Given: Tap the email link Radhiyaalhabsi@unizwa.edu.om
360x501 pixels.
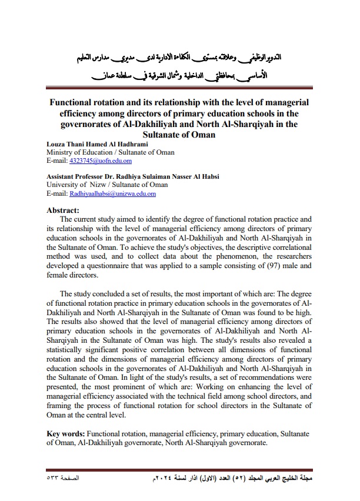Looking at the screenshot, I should point(112,193).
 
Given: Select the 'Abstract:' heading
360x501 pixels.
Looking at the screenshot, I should point(64,210).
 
